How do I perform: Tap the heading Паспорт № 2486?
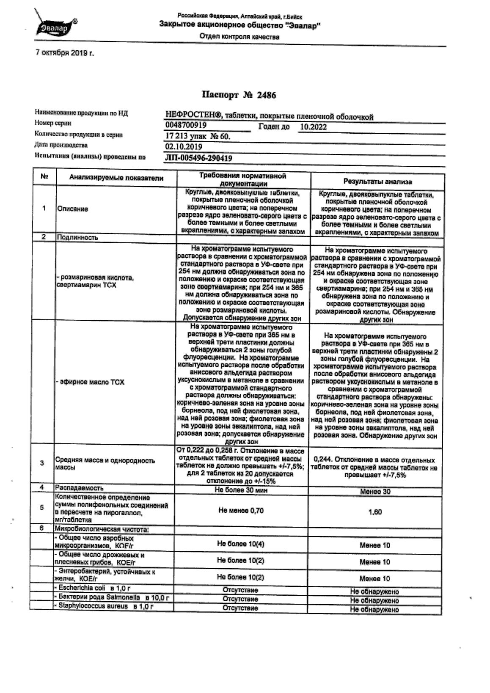pyautogui.click(x=239, y=95)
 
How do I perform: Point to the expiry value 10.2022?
pyautogui.click(x=313, y=126)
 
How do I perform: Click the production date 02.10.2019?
pyautogui.click(x=184, y=147)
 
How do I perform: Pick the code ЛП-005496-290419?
pyautogui.click(x=198, y=158)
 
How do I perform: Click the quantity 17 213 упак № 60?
pyautogui.click(x=198, y=136)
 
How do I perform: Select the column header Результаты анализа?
pyautogui.click(x=377, y=181)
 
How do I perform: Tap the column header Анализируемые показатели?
pyautogui.click(x=116, y=178)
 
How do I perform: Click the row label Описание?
pyautogui.click(x=73, y=209)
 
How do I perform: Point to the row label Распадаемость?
pyautogui.click(x=79, y=488)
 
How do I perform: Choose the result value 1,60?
pyautogui.click(x=375, y=512)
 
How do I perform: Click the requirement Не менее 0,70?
pyautogui.click(x=241, y=511)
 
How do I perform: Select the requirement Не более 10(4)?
pyautogui.click(x=240, y=544)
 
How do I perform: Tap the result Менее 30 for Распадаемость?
pyautogui.click(x=375, y=492)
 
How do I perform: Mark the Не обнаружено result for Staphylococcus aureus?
pyautogui.click(x=374, y=610)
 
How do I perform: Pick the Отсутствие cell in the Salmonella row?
pyautogui.click(x=240, y=599)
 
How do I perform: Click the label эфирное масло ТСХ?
pyautogui.click(x=91, y=382)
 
